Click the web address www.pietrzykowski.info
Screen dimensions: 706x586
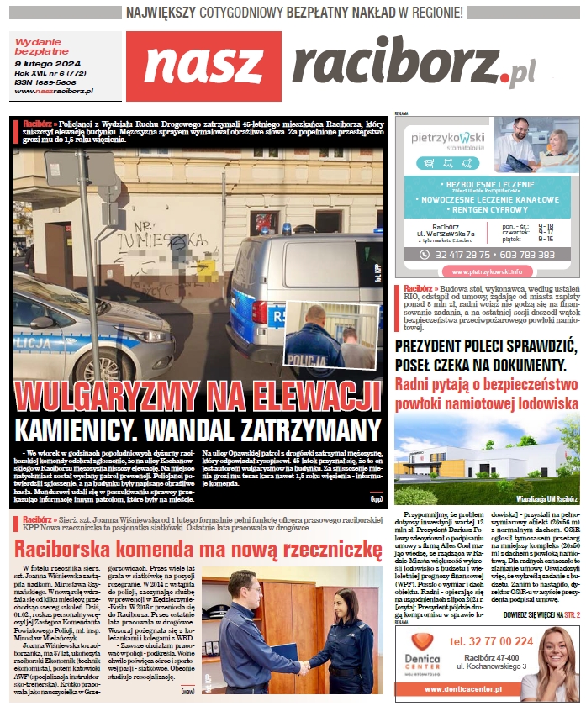pos(486,271)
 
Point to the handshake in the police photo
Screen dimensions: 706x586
pos(301,666)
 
